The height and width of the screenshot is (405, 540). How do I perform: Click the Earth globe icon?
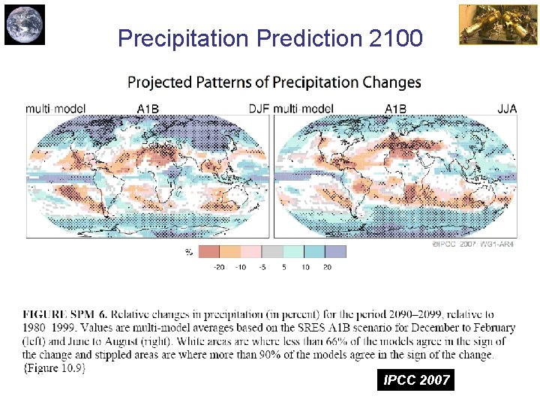tap(24, 24)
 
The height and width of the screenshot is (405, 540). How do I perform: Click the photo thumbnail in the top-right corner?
tap(487, 24)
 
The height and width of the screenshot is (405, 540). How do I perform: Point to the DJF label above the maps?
tap(259, 109)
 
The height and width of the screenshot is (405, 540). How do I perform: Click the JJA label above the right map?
tap(507, 109)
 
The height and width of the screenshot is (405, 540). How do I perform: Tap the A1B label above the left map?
tap(148, 109)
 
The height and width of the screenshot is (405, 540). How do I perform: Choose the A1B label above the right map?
tap(395, 109)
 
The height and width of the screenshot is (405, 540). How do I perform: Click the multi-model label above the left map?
tap(54, 109)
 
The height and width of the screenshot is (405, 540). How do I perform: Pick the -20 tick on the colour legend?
tap(219, 267)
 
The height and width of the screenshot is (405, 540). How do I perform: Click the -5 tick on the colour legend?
tap(262, 267)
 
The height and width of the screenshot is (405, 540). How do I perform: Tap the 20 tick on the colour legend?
tap(327, 267)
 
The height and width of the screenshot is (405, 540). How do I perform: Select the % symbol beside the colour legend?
tap(189, 253)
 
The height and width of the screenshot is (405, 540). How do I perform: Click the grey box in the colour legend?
tap(272, 252)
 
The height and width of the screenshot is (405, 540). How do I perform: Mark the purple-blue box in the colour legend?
tap(336, 252)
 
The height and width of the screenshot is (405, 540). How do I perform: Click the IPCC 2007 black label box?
tap(416, 380)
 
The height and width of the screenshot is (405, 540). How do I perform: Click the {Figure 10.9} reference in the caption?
tap(54, 367)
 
